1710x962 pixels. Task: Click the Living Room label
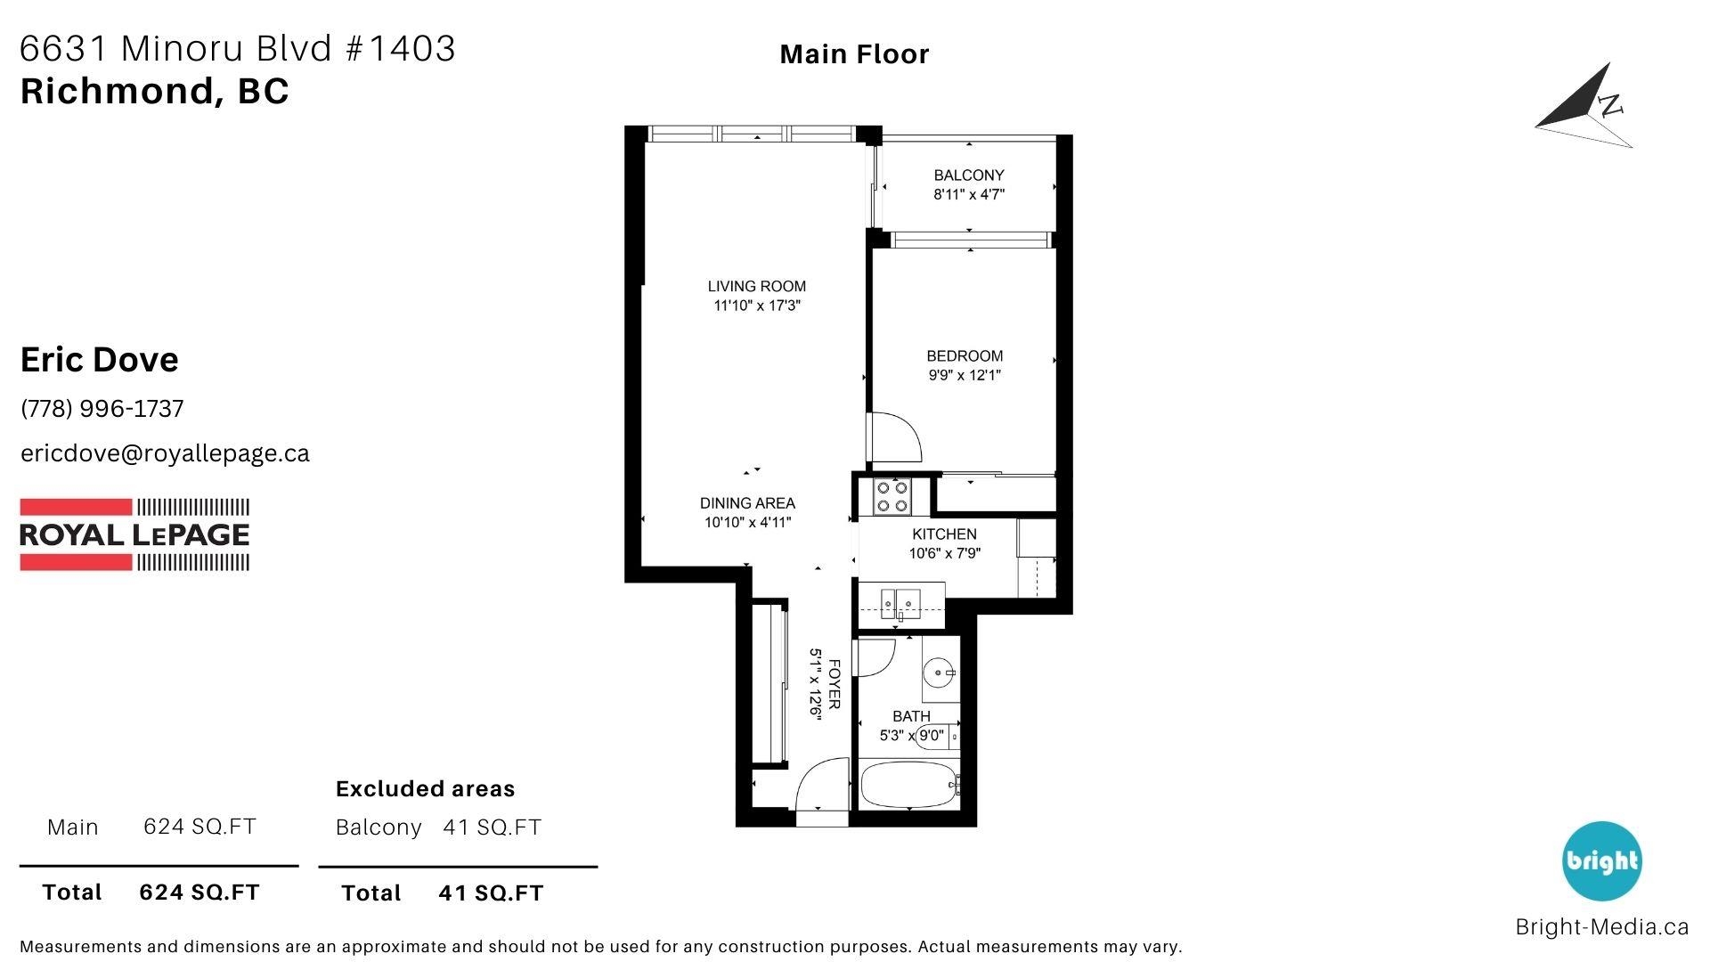click(756, 286)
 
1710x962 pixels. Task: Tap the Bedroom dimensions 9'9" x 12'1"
click(965, 375)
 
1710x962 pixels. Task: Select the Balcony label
click(969, 175)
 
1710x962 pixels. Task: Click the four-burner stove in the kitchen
click(892, 497)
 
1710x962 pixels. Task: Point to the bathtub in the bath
click(908, 784)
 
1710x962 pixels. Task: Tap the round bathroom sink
click(939, 673)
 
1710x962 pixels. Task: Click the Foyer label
click(835, 684)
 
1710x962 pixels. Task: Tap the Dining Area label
click(747, 502)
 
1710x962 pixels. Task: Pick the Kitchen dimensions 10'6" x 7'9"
click(944, 553)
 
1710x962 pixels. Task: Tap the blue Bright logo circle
click(1602, 861)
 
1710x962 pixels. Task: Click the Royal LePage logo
click(134, 534)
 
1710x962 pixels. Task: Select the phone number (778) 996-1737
click(102, 409)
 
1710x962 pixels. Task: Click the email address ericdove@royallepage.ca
click(165, 453)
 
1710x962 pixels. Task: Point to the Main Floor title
click(854, 54)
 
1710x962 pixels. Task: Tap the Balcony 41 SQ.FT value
click(492, 827)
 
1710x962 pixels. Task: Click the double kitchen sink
click(900, 603)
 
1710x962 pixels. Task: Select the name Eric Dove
click(99, 360)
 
